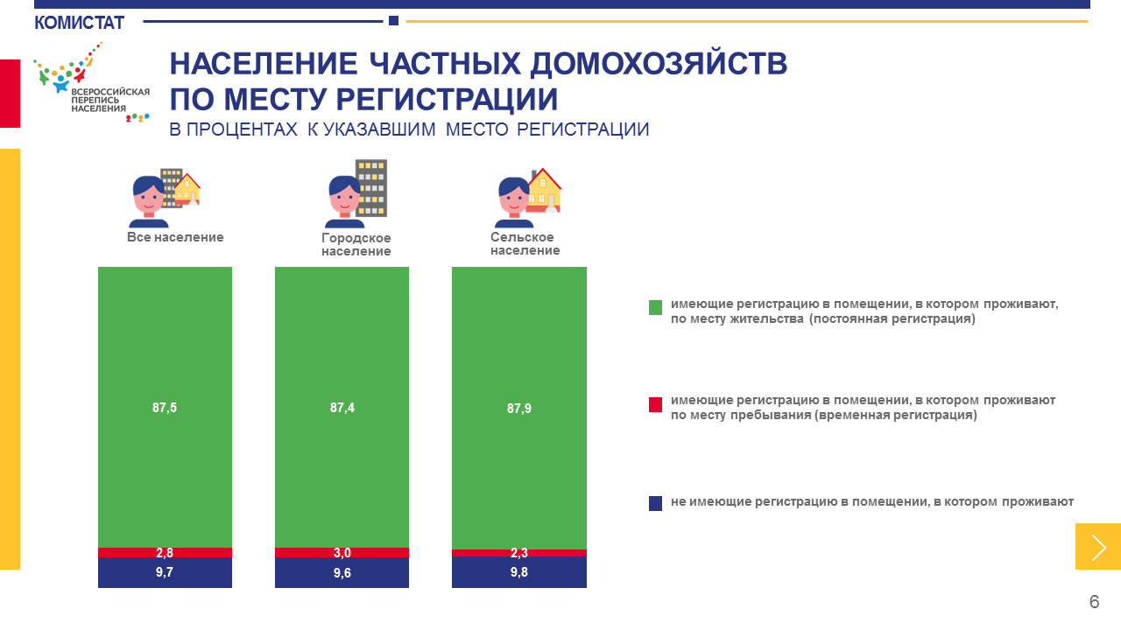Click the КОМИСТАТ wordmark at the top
pos(79,23)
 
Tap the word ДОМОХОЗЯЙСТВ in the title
pos(659,65)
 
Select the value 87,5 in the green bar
pos(165,408)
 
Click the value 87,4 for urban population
pos(342,408)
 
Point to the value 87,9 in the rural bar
pos(519,409)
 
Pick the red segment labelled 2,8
pos(165,552)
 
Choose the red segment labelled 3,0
pos(342,552)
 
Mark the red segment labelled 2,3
pos(519,553)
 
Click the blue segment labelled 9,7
pos(165,572)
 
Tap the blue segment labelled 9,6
pos(342,572)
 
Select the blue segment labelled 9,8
pos(519,572)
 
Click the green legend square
pos(656,307)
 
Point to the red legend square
pos(656,404)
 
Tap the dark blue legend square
pos(656,503)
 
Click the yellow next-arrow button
pos(1098,547)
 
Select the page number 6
pos(1095,601)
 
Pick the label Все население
pos(175,237)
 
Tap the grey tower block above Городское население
pos(370,188)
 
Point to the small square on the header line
pos(394,20)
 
